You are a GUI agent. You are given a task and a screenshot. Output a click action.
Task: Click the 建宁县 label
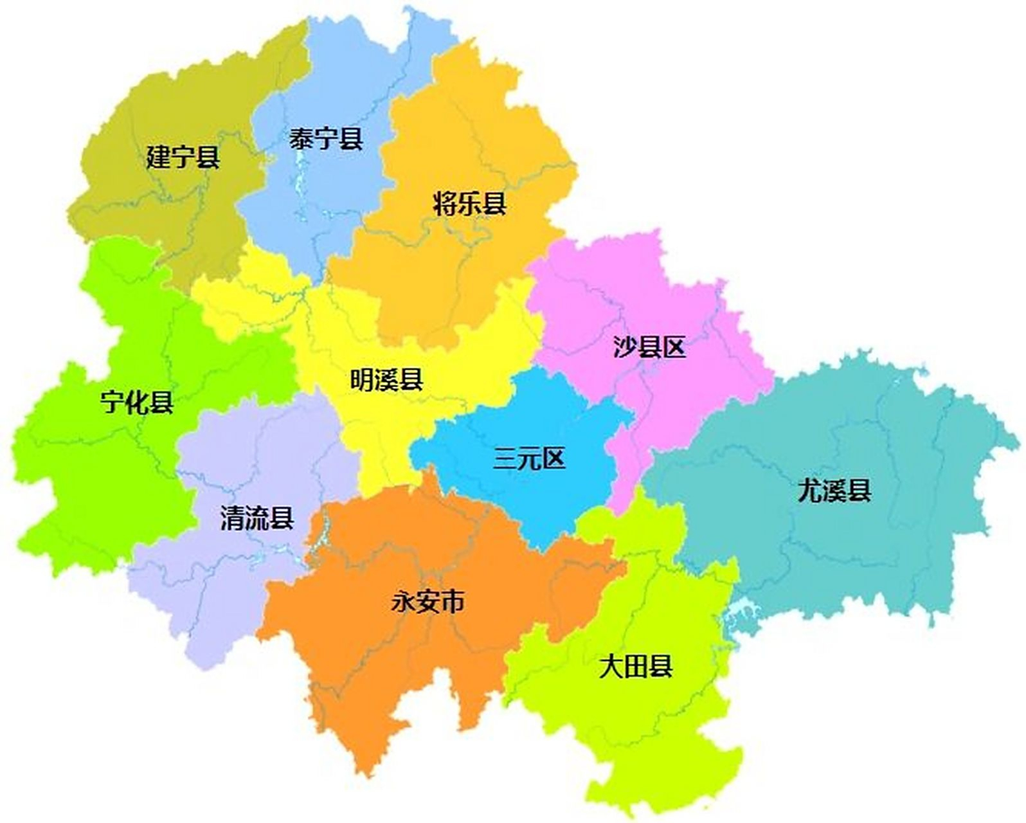click(183, 157)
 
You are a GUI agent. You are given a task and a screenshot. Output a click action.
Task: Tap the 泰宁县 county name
click(326, 138)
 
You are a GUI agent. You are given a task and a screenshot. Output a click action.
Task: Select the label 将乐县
click(469, 204)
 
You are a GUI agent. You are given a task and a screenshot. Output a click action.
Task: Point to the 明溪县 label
click(386, 379)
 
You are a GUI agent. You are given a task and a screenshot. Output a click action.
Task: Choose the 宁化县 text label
click(137, 402)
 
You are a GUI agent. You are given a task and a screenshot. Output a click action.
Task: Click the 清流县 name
click(257, 518)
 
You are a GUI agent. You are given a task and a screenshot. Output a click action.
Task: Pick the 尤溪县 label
click(834, 491)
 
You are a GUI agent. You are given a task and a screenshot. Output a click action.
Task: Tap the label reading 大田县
click(635, 667)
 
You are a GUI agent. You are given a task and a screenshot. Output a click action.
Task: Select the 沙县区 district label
click(649, 347)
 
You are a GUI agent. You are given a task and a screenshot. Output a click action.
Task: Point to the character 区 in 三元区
click(553, 459)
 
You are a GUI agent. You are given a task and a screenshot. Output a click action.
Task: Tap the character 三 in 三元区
click(505, 459)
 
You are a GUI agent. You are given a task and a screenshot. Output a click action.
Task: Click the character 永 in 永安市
click(404, 602)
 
